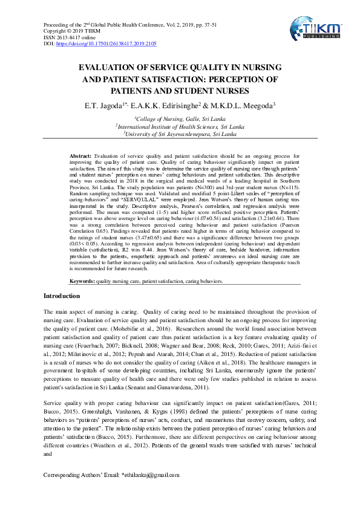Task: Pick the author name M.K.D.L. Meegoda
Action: [240, 106]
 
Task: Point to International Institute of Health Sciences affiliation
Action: [180, 127]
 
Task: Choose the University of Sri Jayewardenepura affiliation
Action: [180, 134]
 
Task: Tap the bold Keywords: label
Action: [82, 281]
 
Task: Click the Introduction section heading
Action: [62, 296]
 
